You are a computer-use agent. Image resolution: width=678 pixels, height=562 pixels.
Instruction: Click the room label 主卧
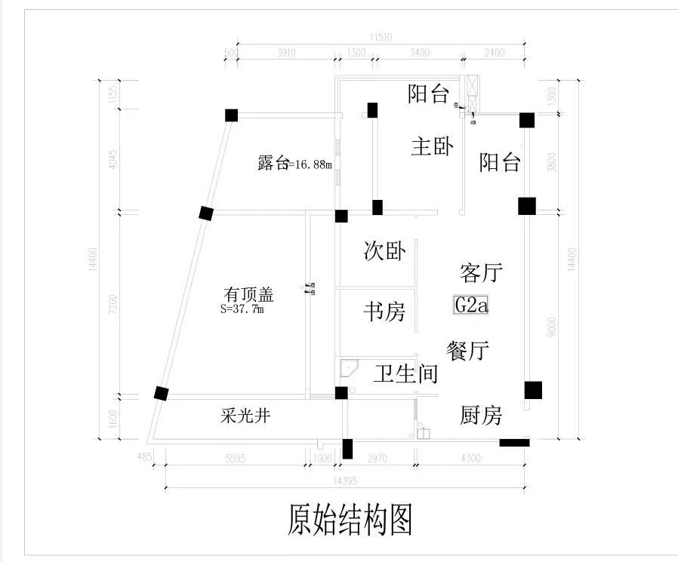tap(432, 146)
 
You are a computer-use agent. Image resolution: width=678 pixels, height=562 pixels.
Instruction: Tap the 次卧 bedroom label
tap(385, 252)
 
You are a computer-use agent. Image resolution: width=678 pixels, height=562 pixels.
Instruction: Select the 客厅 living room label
tap(481, 272)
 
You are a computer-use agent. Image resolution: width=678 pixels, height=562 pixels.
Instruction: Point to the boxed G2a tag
tap(472, 305)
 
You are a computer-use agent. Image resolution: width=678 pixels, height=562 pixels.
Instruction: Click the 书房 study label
tap(385, 311)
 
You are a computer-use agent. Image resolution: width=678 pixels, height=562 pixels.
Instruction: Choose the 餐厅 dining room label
tap(468, 351)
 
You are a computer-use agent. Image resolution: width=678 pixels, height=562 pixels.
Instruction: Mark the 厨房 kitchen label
tap(481, 416)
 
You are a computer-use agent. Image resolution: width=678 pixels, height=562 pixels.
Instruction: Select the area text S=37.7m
tap(242, 309)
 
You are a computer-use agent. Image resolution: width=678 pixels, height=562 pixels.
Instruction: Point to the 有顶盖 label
tap(248, 293)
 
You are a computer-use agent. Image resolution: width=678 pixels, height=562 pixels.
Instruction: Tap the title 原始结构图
tap(350, 520)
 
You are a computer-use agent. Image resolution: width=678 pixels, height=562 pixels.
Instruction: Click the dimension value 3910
tap(287, 53)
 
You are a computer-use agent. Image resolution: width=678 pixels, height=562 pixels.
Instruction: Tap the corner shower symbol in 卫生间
tap(349, 369)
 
